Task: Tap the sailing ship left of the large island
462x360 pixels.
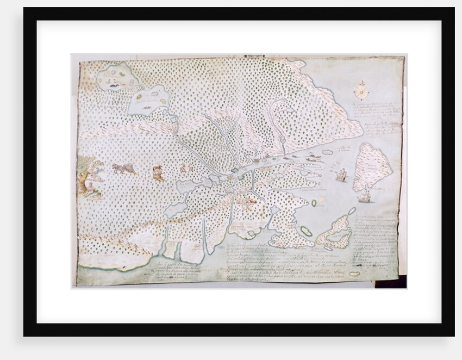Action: pyautogui.click(x=341, y=175)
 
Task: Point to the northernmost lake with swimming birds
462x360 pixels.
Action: pyautogui.click(x=116, y=77)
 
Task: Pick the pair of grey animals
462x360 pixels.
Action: pyautogui.click(x=124, y=169)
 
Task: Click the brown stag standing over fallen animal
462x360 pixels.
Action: pyautogui.click(x=159, y=173)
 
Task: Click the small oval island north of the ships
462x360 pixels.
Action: pyautogui.click(x=328, y=153)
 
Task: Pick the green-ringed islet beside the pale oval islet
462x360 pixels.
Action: pyautogui.click(x=314, y=203)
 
